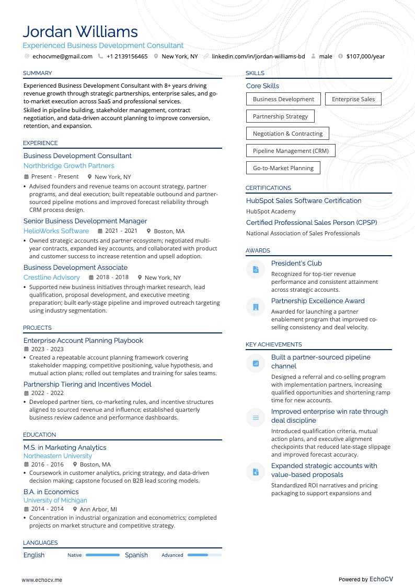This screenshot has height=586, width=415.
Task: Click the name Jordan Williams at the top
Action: [x=80, y=31]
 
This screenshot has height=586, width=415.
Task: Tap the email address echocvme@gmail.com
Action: [x=62, y=56]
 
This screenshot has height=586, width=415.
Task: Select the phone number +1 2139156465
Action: [x=127, y=56]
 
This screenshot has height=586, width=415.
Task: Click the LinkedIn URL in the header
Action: [x=258, y=56]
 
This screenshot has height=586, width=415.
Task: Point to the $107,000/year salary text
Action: [x=365, y=56]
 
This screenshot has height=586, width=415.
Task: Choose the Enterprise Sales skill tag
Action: [x=353, y=99]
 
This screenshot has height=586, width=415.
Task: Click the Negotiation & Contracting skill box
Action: [x=287, y=134]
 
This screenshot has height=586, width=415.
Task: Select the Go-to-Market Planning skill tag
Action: [x=283, y=168]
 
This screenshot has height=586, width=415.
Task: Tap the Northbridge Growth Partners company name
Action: [x=68, y=166]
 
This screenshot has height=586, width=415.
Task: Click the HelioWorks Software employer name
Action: [x=56, y=231]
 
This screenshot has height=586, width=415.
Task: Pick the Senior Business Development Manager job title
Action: [x=85, y=221]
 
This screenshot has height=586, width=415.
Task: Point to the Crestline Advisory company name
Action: [x=52, y=278]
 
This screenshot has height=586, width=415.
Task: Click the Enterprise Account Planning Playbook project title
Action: [x=83, y=341]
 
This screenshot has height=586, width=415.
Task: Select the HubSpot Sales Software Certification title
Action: [x=304, y=201]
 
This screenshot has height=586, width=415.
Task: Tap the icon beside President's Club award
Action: [x=256, y=270]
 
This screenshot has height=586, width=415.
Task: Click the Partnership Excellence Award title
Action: [x=318, y=301]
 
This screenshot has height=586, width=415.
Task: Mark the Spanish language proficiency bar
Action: [x=204, y=555]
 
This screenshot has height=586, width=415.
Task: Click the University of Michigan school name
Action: [x=55, y=500]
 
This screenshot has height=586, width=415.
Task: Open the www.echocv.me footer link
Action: [x=42, y=580]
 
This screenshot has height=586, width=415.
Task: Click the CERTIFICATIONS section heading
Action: [x=268, y=188]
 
